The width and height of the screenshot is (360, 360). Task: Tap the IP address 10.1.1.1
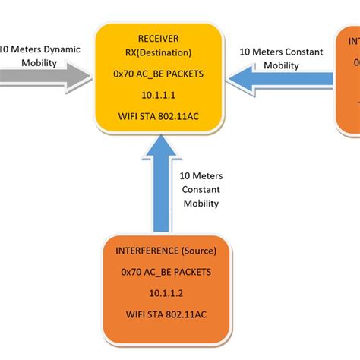click(x=159, y=96)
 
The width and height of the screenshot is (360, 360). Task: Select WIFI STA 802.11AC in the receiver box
click(x=159, y=118)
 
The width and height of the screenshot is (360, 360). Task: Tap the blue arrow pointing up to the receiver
click(x=160, y=190)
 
